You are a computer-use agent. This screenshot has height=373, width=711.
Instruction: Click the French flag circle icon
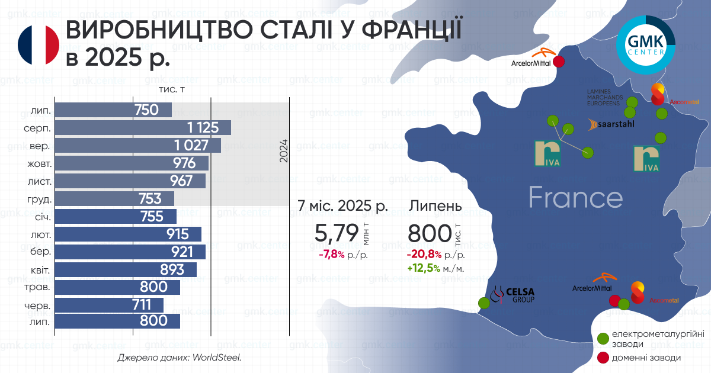pos(39,45)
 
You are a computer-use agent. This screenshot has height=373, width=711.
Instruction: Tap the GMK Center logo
pos(646,45)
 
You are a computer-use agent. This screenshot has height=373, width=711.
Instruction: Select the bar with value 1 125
pos(143,127)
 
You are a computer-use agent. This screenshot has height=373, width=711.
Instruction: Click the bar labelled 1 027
pos(137,145)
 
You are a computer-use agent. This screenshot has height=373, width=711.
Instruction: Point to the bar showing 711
pos(109,305)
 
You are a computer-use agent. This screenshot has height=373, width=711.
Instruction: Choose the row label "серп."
pos(37,128)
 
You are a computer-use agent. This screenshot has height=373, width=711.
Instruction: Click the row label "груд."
pos(39,200)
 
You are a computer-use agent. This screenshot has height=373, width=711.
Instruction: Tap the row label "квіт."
pos(40,271)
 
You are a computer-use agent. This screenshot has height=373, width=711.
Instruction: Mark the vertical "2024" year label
pos(283,150)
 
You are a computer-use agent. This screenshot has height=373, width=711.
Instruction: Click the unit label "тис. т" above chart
pos(172,89)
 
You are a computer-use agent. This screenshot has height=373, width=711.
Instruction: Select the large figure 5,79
pos(337,233)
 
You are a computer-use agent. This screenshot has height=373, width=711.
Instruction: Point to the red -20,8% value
pos(424,255)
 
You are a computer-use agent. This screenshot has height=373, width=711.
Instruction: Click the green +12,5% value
pos(424,268)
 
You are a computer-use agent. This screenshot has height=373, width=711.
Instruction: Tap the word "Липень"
pos(435,206)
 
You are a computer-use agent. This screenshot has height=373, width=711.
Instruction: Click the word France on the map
pos(576,197)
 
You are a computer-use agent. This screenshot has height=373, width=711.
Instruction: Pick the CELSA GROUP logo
pos(513,295)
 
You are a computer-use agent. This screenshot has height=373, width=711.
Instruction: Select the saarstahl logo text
pos(611,124)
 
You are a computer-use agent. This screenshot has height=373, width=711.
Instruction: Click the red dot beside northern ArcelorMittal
pos(559,62)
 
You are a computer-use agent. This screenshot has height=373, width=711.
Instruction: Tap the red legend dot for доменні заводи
pos(603,358)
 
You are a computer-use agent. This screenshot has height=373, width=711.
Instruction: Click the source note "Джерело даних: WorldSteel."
pos(180,358)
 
